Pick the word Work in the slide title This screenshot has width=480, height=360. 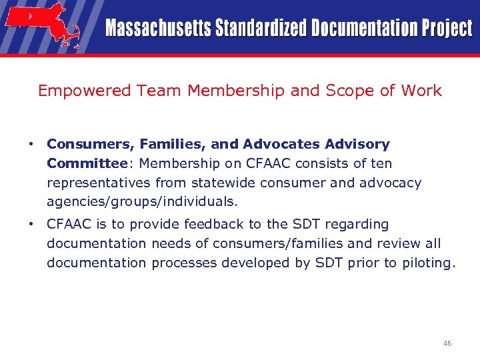pyautogui.click(x=420, y=91)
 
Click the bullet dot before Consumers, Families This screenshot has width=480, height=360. pyautogui.click(x=31, y=144)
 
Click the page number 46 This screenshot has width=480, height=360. pyautogui.click(x=447, y=343)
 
